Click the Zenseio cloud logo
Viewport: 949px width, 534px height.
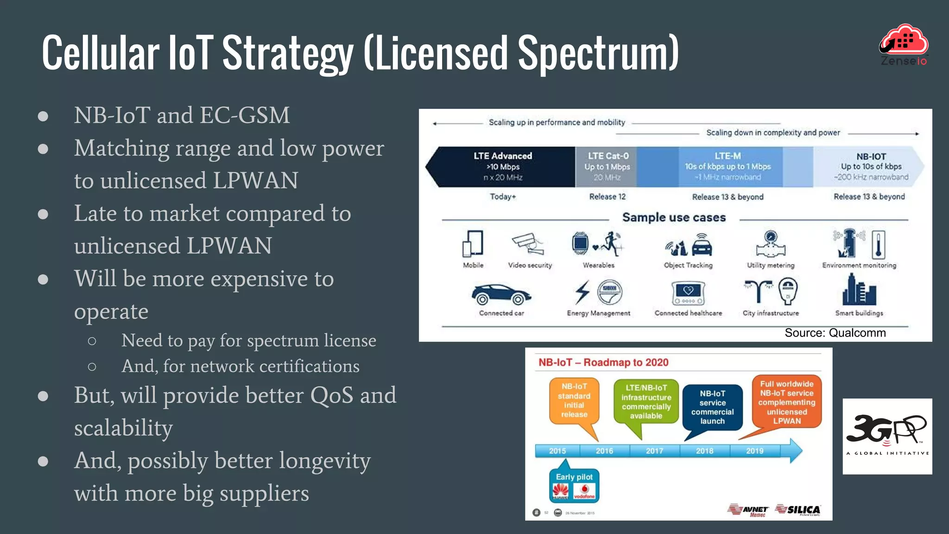click(x=904, y=44)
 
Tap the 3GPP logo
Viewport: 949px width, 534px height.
click(x=887, y=436)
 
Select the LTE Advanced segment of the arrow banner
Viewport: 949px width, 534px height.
click(x=503, y=166)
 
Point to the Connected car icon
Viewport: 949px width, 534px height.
click(x=501, y=294)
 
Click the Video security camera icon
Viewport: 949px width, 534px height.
click(x=529, y=243)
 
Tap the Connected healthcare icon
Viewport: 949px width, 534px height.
click(x=688, y=293)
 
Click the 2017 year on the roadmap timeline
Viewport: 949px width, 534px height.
click(x=654, y=451)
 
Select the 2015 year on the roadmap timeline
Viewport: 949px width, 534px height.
click(x=557, y=451)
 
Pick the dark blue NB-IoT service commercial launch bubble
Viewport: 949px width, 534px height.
click(x=712, y=407)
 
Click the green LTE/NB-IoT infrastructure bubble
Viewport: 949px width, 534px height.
click(x=646, y=401)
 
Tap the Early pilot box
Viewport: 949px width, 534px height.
click(x=574, y=485)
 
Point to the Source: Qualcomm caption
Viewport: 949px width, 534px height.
click(x=835, y=333)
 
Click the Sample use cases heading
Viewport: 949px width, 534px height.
click(x=674, y=217)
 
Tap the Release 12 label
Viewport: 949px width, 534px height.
click(x=607, y=197)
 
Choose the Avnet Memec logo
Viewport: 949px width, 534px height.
click(x=748, y=510)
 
